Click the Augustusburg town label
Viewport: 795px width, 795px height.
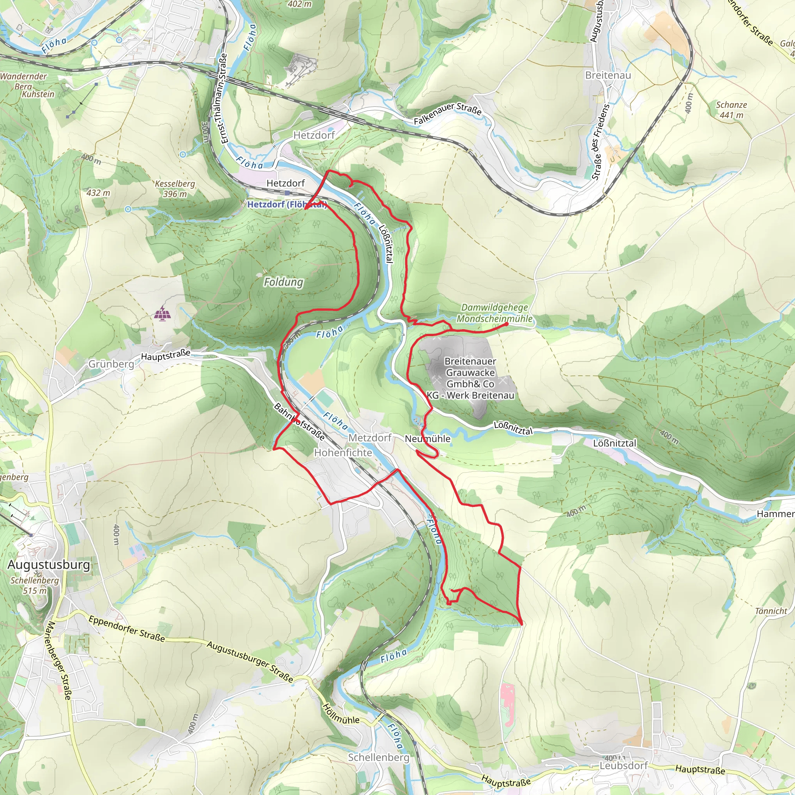(49, 564)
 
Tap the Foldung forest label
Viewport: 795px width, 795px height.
(283, 282)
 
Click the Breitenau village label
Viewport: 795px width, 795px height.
(608, 75)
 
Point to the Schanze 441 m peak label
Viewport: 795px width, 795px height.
(731, 110)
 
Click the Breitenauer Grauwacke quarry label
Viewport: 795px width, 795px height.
(470, 378)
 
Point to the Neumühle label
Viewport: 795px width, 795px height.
(427, 439)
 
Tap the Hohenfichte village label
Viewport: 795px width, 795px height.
(343, 453)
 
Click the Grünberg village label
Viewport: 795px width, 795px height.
(111, 364)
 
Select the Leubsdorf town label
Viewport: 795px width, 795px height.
(623, 766)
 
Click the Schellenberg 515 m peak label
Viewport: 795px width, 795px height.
(35, 585)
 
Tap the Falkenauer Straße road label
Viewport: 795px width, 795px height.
(447, 114)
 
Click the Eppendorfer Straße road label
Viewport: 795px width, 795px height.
(126, 629)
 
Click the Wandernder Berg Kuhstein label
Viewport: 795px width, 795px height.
(27, 85)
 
